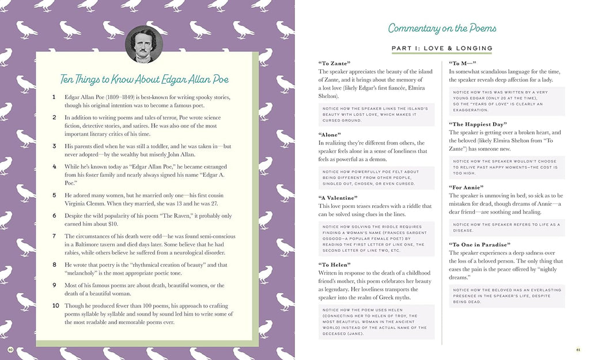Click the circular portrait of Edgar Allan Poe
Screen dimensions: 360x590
tap(143, 44)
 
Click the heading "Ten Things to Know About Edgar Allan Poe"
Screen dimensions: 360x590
tap(145, 79)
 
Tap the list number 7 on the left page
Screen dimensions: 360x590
tap(54, 236)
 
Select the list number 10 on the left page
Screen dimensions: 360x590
tap(55, 305)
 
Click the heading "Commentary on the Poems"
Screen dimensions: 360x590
tap(442, 28)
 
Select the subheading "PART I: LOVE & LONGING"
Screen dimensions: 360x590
tap(442, 48)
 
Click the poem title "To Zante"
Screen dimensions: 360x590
tap(334, 63)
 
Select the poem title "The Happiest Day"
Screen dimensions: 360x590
tap(478, 124)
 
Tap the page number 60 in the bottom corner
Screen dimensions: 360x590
tap(10, 350)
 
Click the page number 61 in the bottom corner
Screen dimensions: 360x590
tap(578, 350)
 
